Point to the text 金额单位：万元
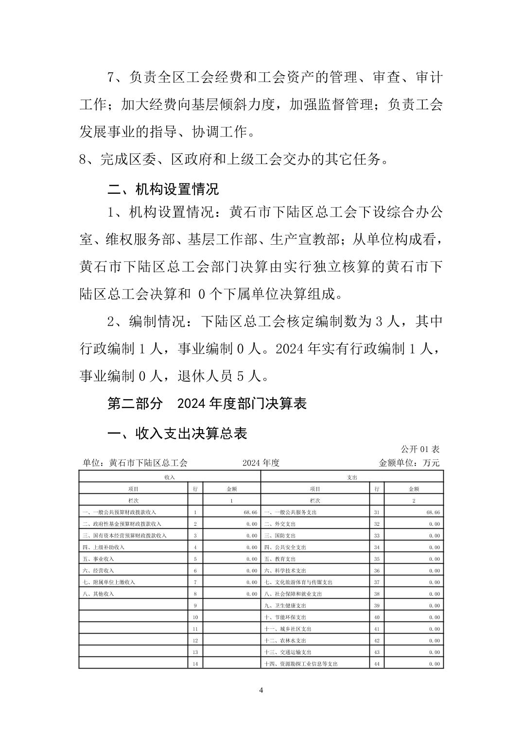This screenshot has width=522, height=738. click(x=409, y=463)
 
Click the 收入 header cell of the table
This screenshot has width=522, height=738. click(x=170, y=477)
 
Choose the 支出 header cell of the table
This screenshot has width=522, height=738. click(x=352, y=477)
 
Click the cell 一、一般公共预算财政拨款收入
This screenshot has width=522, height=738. click(x=120, y=512)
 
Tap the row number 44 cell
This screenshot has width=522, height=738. click(x=377, y=664)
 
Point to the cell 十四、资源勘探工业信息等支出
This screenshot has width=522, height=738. click(x=301, y=664)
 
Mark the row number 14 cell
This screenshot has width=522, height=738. click(x=195, y=664)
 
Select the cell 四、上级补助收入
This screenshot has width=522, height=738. click(x=104, y=547)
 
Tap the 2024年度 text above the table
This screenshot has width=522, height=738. click(x=261, y=463)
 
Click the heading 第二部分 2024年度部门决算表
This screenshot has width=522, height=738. click(x=207, y=403)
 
